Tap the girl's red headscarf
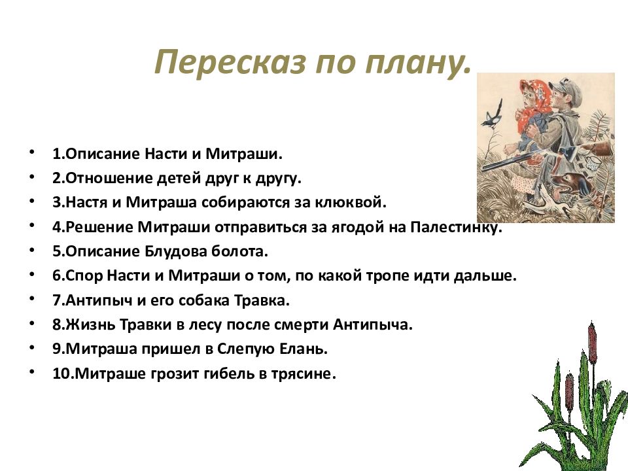[x=534, y=105]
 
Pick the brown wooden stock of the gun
[x=598, y=148]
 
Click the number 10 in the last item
[x=63, y=374]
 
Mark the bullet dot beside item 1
[x=31, y=152]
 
